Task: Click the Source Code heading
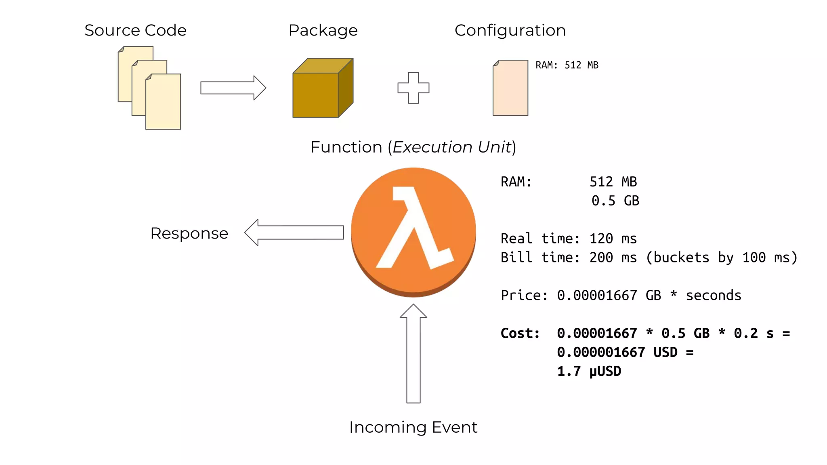click(135, 31)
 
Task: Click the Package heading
click(323, 31)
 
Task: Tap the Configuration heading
click(510, 31)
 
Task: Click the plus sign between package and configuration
click(413, 88)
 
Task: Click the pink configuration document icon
click(510, 89)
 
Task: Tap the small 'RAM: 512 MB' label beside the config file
click(567, 65)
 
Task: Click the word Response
click(189, 233)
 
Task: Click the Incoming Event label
click(413, 427)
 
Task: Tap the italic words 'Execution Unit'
click(452, 147)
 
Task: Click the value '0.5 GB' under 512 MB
click(615, 201)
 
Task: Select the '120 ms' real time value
click(613, 239)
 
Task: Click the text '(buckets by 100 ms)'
click(721, 258)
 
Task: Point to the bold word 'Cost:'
click(520, 333)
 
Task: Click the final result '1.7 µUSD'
click(589, 371)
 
